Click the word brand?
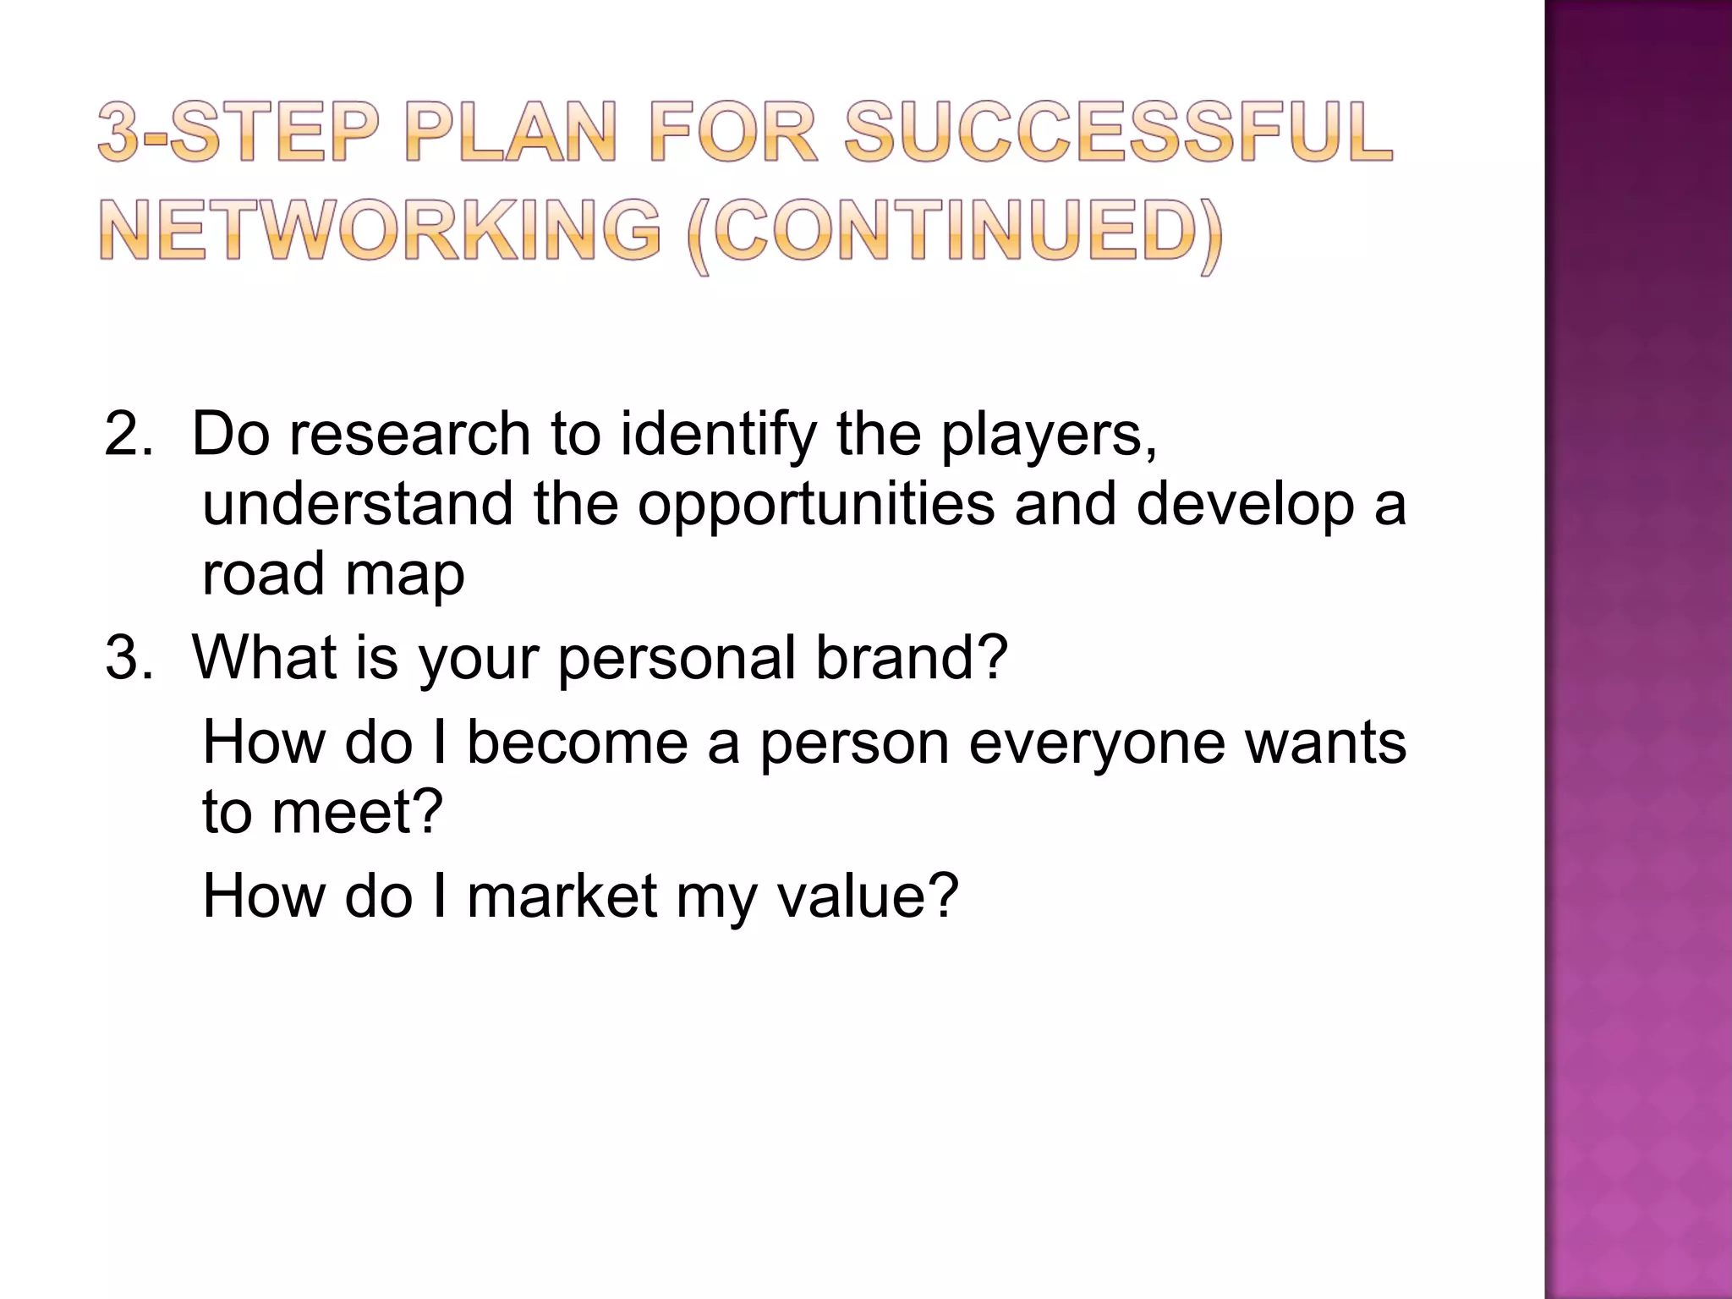[x=912, y=658]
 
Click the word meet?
[x=357, y=812]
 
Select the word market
[x=562, y=896]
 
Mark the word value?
[x=868, y=896]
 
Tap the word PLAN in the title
[x=511, y=134]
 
